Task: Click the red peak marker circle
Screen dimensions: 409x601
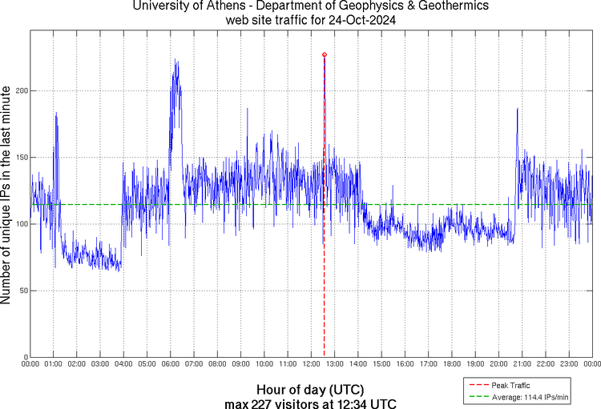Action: [x=324, y=54]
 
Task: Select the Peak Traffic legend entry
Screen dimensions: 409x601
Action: [x=510, y=386]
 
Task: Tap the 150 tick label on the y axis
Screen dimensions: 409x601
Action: [x=20, y=158]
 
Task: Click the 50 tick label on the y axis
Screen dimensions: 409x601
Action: [x=22, y=291]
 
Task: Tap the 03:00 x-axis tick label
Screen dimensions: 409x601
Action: [x=100, y=364]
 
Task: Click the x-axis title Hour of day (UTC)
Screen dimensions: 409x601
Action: [x=311, y=389]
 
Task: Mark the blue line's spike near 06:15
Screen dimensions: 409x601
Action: [x=175, y=61]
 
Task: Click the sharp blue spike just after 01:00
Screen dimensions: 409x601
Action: [x=56, y=114]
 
